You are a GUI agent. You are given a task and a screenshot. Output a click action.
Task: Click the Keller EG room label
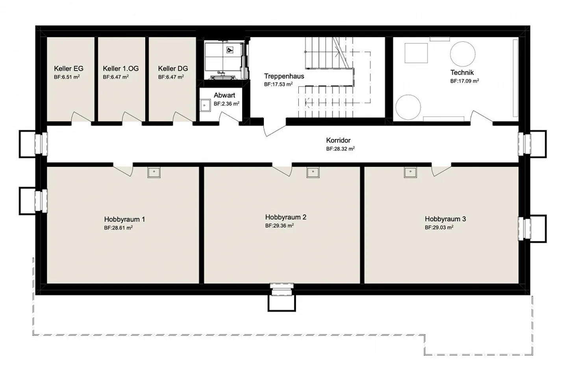[x=69, y=69]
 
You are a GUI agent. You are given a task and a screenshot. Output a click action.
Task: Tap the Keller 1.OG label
[x=121, y=69]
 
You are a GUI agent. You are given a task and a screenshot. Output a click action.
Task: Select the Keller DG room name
[x=173, y=69]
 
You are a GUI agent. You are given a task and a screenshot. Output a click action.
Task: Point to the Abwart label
[x=224, y=95]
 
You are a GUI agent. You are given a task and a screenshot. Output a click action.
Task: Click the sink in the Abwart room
[x=205, y=105]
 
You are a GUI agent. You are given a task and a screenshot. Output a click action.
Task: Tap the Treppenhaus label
[x=284, y=76]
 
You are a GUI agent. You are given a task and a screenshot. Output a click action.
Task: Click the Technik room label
[x=462, y=72]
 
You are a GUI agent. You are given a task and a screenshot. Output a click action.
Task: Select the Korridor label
[x=338, y=140]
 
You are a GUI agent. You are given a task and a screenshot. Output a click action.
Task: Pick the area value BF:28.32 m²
[x=340, y=148]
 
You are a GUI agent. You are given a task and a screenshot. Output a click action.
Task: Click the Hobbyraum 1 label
[x=124, y=219]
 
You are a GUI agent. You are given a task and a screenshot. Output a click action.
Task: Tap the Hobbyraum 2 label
[x=286, y=217]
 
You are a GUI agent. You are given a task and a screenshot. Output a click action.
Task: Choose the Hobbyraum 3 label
[x=445, y=219]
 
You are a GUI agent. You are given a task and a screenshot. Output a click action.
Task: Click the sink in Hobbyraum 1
[x=154, y=172]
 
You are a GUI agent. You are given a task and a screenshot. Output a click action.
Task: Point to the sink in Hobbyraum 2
[x=313, y=172]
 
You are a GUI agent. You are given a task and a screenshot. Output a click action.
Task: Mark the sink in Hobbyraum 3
[x=410, y=172]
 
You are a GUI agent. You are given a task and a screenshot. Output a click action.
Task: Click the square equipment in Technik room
[x=416, y=53]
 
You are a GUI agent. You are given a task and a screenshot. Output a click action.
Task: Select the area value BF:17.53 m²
[x=278, y=84]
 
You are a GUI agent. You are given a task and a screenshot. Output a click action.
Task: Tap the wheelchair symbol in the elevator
[x=230, y=50]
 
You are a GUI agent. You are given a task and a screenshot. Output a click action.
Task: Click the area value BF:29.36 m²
[x=280, y=225]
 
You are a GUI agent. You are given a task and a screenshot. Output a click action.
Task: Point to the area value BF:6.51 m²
[x=67, y=77]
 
